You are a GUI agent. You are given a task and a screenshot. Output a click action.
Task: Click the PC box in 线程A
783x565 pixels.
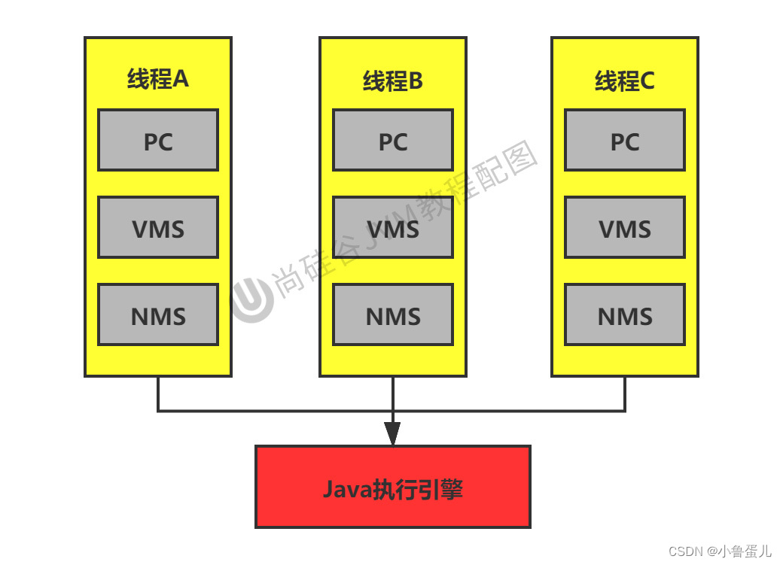tap(158, 140)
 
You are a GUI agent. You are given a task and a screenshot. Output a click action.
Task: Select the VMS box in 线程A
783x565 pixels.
tap(158, 227)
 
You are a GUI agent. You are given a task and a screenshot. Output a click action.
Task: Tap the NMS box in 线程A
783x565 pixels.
tap(158, 314)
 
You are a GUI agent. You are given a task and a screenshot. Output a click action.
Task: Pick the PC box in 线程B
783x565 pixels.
tap(393, 140)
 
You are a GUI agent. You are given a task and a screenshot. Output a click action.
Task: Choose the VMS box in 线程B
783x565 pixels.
tap(393, 227)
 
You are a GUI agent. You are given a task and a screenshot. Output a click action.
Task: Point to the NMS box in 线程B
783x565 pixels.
tap(393, 314)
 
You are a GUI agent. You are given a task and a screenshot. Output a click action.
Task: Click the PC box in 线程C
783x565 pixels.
tap(625, 140)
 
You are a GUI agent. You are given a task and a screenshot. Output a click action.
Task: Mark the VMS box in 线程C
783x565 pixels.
tap(625, 227)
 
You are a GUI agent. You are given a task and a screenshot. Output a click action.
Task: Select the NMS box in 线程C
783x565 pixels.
tap(625, 314)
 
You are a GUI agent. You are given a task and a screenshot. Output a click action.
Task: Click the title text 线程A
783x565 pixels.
tap(158, 79)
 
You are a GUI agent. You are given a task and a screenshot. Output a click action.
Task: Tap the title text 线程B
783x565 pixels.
tap(393, 81)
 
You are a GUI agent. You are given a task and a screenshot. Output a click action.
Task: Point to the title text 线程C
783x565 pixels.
tap(625, 81)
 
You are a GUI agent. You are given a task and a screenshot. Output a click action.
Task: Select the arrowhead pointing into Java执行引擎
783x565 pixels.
tap(392, 433)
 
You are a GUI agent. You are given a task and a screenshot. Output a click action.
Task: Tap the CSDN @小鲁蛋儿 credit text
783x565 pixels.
tap(719, 551)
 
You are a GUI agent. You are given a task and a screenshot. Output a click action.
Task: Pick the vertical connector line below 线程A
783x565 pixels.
tap(158, 393)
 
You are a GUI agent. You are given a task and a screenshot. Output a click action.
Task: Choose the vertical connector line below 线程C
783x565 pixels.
tap(625, 393)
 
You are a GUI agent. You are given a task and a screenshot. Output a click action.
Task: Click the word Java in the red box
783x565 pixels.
tap(347, 490)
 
